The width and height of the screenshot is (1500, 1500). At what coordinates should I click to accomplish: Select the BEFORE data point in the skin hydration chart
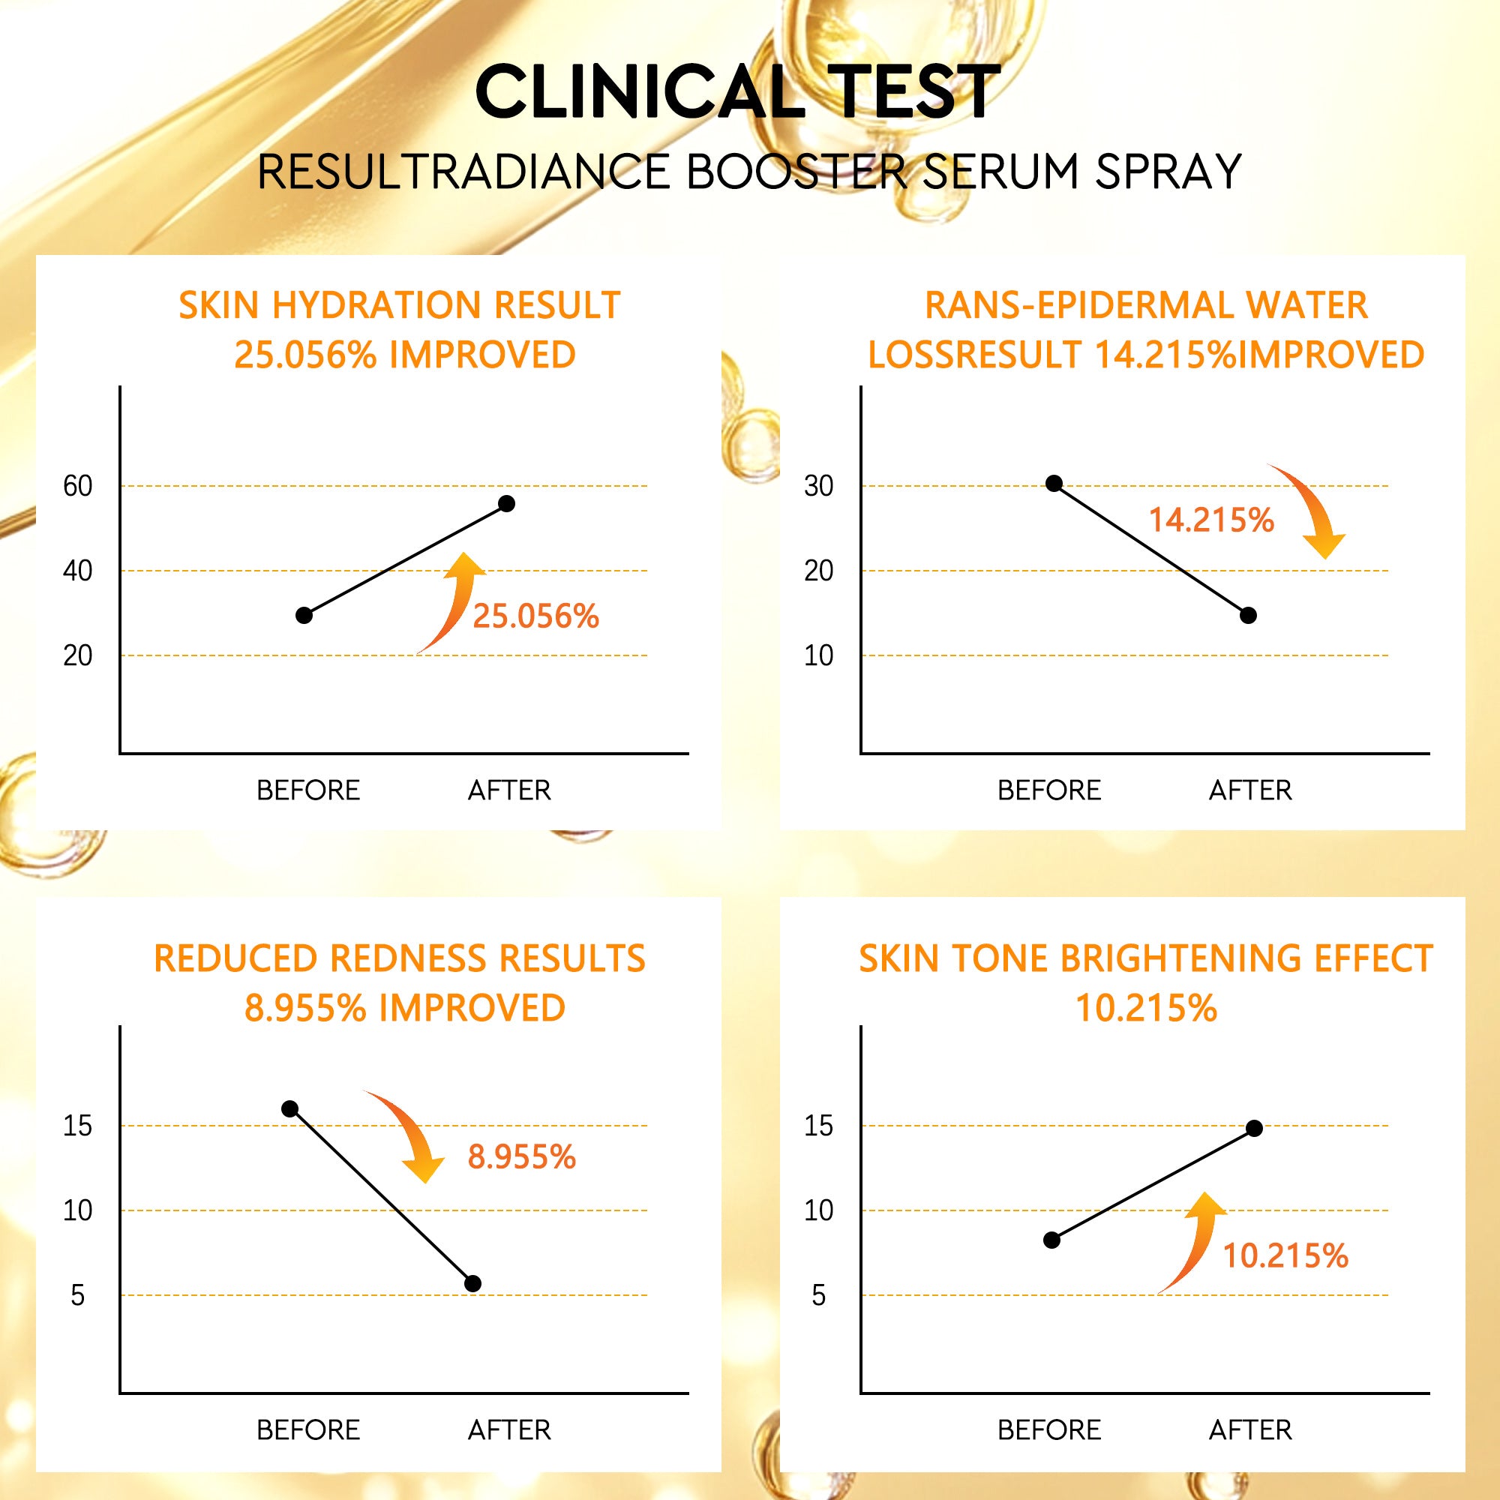tap(304, 616)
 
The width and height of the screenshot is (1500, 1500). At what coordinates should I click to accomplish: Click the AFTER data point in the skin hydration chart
tap(506, 504)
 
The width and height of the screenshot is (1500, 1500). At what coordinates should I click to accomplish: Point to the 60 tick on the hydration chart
tap(78, 487)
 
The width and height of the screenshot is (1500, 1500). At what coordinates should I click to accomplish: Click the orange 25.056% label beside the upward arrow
tap(535, 616)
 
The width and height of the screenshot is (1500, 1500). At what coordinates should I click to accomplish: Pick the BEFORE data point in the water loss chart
tap(1054, 484)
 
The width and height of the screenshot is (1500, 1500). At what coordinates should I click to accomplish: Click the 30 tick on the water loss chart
tap(818, 487)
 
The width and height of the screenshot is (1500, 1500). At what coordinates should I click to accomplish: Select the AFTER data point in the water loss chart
tap(1249, 616)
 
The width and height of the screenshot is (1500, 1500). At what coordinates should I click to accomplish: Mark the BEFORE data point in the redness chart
tap(289, 1108)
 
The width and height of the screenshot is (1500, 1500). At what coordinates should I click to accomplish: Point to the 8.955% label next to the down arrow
tap(522, 1156)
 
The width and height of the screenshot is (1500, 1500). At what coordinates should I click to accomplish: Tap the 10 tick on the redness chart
tap(78, 1210)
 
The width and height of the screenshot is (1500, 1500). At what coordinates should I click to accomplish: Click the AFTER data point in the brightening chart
tap(1254, 1128)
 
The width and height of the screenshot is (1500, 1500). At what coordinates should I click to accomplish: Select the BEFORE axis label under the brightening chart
tap(1049, 1430)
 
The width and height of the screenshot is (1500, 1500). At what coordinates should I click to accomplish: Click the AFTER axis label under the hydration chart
tap(509, 790)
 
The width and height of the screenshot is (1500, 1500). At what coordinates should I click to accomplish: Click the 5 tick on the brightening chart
tap(818, 1296)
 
